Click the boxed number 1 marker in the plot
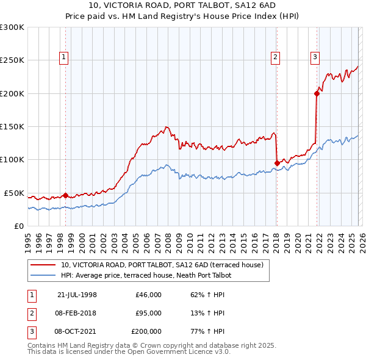(x=65, y=57)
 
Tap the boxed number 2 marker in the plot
(x=276, y=57)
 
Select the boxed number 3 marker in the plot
(x=315, y=57)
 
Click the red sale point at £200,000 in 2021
(x=317, y=93)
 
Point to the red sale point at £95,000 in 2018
(x=278, y=163)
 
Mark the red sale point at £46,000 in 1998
(x=66, y=195)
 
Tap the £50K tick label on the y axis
(x=14, y=193)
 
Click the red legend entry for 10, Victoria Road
(x=162, y=265)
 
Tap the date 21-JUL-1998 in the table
(x=77, y=295)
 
